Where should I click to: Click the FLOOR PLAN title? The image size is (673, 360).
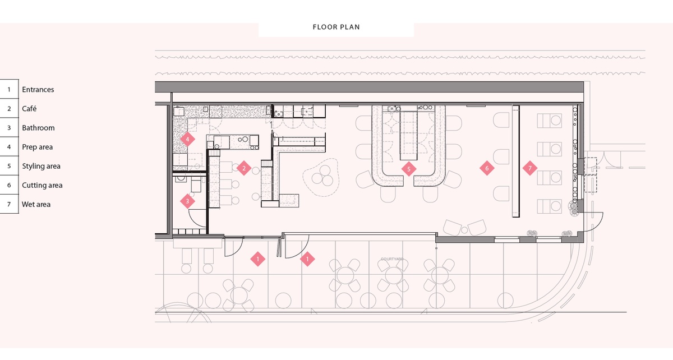(336, 27)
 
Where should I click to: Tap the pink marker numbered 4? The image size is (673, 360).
(188, 138)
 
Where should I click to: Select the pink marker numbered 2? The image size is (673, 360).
(243, 168)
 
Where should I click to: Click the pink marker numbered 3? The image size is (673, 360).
(188, 201)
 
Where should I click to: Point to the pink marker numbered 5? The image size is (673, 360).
(409, 168)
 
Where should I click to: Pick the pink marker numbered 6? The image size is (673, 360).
(487, 168)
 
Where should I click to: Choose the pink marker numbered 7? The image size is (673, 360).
(528, 168)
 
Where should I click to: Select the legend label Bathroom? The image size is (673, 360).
(38, 128)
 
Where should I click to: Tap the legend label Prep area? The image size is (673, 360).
(38, 147)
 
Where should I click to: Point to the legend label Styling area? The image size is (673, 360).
(41, 166)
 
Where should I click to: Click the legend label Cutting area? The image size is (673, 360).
(42, 185)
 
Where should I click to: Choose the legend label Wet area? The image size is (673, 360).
(36, 204)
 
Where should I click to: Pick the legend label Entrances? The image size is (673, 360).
(38, 90)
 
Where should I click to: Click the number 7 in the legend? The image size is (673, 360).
(9, 204)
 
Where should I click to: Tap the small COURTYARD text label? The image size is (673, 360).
(392, 259)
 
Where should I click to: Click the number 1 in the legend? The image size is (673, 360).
(9, 90)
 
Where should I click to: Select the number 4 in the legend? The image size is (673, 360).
(9, 147)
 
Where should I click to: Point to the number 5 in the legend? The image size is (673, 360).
(9, 166)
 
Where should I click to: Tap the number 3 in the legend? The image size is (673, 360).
(9, 128)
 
